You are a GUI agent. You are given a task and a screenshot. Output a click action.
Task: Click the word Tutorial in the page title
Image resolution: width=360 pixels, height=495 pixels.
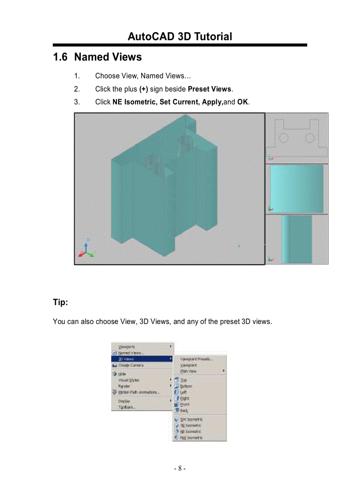pos(211,37)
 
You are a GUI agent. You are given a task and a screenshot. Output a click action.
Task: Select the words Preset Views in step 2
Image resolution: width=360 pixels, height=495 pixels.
pos(210,89)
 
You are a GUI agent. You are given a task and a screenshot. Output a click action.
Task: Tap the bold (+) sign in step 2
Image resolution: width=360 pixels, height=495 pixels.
pos(143,89)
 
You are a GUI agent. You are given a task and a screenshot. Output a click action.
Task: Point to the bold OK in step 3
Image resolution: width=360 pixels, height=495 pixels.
pos(243,102)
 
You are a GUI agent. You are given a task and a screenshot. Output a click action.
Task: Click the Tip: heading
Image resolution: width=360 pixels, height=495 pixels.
pos(60,302)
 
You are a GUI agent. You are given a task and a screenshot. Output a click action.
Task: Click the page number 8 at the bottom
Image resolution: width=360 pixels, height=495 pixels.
pos(180,468)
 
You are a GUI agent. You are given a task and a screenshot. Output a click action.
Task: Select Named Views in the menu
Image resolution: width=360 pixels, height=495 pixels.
pos(131,353)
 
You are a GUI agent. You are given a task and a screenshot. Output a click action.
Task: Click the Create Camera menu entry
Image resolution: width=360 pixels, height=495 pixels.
pos(131,365)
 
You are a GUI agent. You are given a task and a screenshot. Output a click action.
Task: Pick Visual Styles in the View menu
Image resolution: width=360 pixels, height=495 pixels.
pos(128,380)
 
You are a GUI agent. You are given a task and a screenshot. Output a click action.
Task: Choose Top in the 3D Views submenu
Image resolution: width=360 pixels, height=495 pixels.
pos(184,380)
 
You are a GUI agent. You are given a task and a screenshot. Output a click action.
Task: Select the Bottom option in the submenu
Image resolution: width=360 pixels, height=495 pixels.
pos(186,386)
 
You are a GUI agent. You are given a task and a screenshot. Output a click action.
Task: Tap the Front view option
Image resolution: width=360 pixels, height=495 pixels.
pos(184,404)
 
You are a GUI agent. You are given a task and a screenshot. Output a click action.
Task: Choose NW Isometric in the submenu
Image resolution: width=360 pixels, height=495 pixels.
pos(191,438)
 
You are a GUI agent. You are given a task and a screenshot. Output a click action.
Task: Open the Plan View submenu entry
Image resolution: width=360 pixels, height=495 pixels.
pos(189,371)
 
